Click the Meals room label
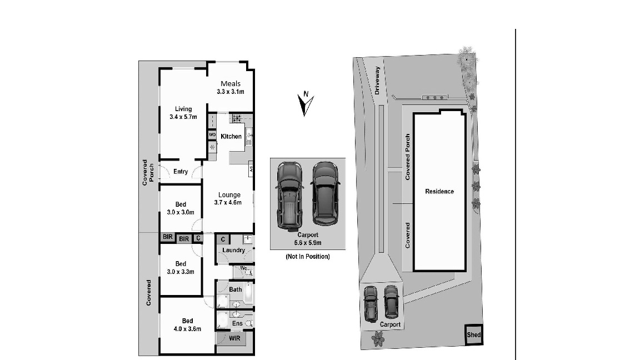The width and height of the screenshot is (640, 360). (x=231, y=84)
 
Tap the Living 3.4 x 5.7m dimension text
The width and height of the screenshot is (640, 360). (x=183, y=117)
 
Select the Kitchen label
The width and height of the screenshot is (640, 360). (x=231, y=137)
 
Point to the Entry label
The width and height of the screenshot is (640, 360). (x=181, y=172)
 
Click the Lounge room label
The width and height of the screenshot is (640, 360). (x=229, y=195)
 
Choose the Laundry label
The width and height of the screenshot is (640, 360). (x=233, y=250)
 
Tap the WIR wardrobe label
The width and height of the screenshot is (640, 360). (x=234, y=338)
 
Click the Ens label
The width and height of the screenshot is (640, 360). (x=237, y=323)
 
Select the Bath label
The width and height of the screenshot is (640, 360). (x=236, y=289)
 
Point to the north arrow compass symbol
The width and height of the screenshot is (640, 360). (x=305, y=104)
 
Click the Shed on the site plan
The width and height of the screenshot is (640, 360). (x=474, y=336)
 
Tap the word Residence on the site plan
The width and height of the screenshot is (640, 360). (x=439, y=192)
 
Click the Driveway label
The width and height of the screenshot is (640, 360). (x=377, y=81)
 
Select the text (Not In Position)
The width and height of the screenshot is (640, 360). (x=307, y=257)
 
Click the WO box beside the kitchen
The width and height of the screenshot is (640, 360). (x=212, y=135)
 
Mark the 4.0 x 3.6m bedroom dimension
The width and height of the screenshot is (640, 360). (x=187, y=328)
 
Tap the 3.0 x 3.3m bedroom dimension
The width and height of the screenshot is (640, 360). (x=181, y=272)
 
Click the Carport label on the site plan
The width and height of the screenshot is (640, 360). (x=390, y=324)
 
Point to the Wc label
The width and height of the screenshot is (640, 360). (x=236, y=269)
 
